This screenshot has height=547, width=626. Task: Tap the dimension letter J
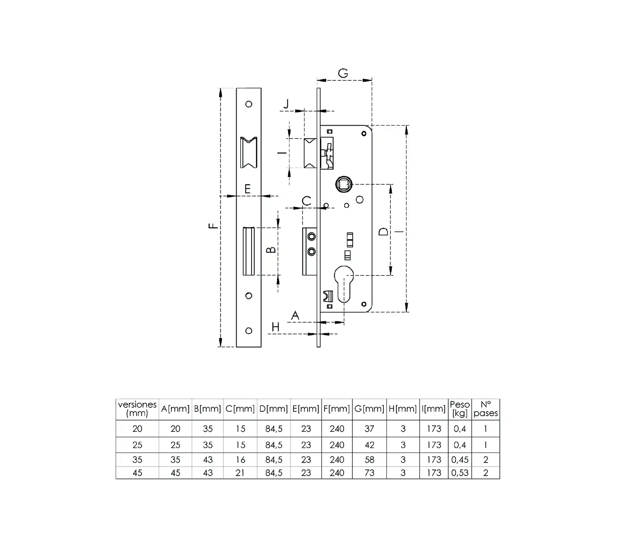286,104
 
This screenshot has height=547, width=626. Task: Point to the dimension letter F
213,226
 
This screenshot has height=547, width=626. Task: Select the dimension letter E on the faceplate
248,189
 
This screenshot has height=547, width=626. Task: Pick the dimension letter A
295,315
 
